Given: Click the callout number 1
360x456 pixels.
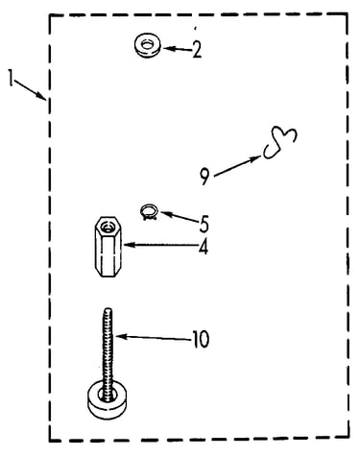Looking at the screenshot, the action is pyautogui.click(x=12, y=78).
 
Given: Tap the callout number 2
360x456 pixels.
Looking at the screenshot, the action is pyautogui.click(x=197, y=50).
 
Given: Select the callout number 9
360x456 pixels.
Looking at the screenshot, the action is pyautogui.click(x=204, y=177).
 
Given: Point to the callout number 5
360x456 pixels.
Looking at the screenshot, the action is pyautogui.click(x=204, y=224).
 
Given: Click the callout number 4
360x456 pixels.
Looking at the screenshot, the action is pyautogui.click(x=204, y=247).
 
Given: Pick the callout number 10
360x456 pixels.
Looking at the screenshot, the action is pyautogui.click(x=201, y=340).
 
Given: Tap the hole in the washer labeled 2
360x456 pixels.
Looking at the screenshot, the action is pyautogui.click(x=147, y=44).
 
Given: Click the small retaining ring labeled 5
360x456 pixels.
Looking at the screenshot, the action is pyautogui.click(x=149, y=212).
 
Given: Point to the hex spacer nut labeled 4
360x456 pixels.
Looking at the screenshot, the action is pyautogui.click(x=107, y=246).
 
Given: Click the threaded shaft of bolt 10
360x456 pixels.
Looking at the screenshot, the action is pyautogui.click(x=108, y=348).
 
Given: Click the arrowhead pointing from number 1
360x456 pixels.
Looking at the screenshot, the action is pyautogui.click(x=41, y=96).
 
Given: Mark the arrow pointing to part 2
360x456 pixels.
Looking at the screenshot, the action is pyautogui.click(x=178, y=49).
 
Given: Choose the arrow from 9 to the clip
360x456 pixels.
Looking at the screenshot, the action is pyautogui.click(x=238, y=166).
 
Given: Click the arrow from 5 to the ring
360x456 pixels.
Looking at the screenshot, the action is pyautogui.click(x=180, y=216).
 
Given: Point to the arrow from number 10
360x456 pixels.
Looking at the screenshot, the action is pyautogui.click(x=154, y=337).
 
